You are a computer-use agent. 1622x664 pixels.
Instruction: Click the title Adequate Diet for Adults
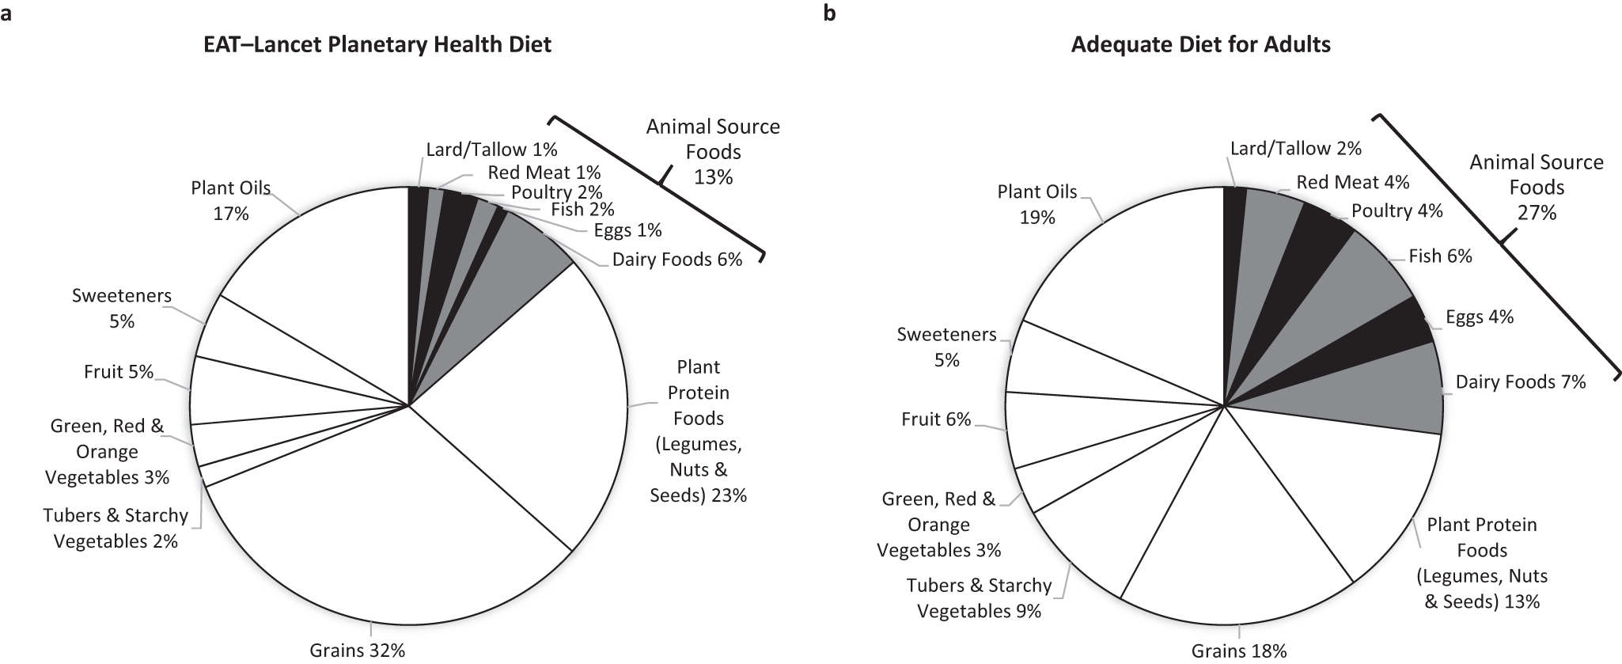tap(1200, 44)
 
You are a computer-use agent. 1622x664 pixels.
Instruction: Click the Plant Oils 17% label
tap(230, 201)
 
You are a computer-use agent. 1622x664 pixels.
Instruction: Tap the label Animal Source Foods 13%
tap(713, 152)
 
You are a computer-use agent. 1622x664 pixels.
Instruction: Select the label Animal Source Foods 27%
tap(1536, 188)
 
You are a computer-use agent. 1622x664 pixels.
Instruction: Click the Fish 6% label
tap(1440, 256)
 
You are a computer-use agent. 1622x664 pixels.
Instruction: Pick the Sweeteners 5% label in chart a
tap(121, 309)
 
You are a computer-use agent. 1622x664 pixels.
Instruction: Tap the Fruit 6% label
tap(935, 419)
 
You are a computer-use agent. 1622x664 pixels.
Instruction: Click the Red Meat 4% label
tap(1352, 183)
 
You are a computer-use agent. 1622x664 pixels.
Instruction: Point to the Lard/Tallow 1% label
tap(491, 150)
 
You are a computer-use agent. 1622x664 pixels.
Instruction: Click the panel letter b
tap(829, 13)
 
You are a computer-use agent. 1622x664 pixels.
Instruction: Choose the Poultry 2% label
tap(556, 192)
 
